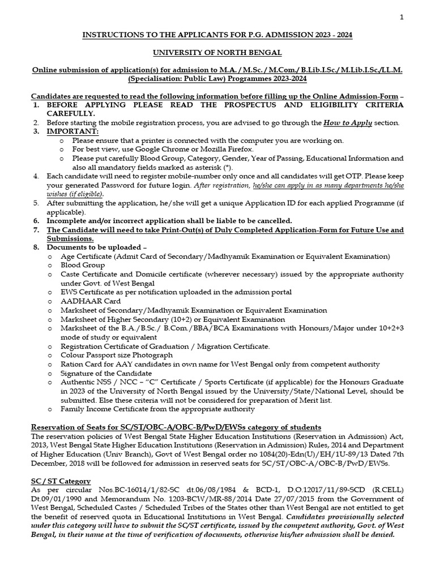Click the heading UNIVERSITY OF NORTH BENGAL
click(217, 53)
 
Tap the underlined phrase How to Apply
click(347, 122)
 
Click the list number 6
click(36, 220)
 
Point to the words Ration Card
click(80, 364)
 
